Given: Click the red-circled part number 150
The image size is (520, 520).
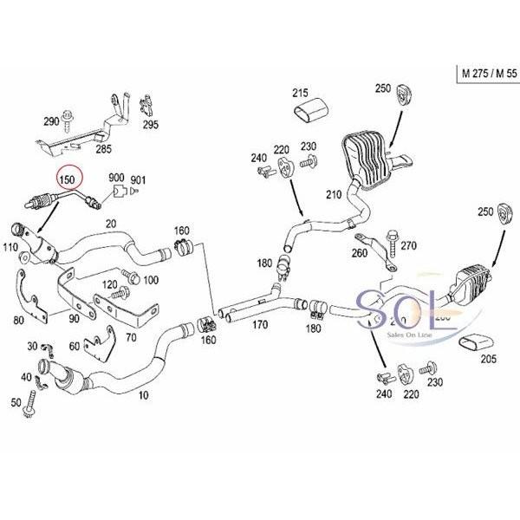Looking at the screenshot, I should pyautogui.click(x=67, y=179).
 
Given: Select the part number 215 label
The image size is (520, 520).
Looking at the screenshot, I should pyautogui.click(x=300, y=93).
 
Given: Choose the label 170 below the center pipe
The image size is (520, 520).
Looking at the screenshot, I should pyautogui.click(x=259, y=327).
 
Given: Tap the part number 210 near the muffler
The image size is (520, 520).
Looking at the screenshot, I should pyautogui.click(x=334, y=195).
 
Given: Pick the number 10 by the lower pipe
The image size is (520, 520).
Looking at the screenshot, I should pyautogui.click(x=142, y=393).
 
